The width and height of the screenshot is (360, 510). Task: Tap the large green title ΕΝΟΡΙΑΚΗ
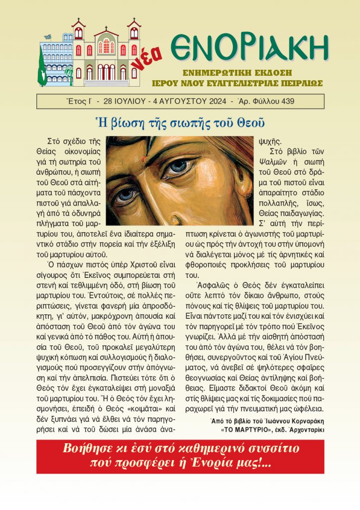[249, 48]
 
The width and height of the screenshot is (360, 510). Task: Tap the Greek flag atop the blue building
[47, 37]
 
